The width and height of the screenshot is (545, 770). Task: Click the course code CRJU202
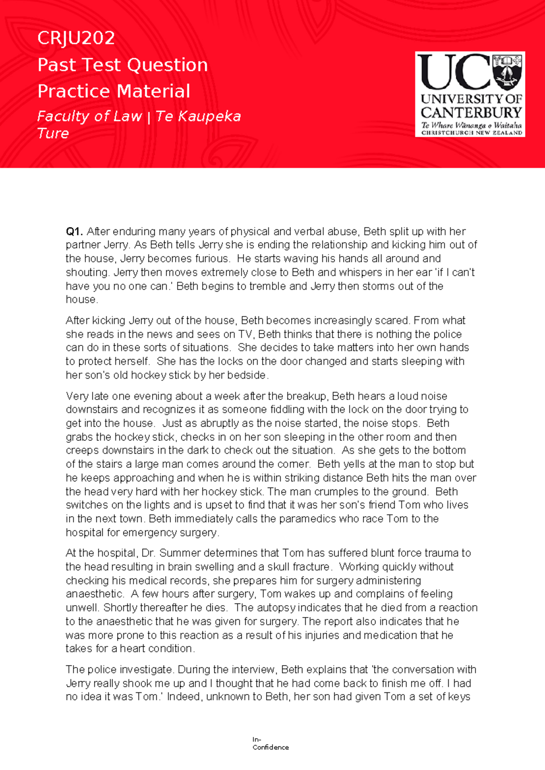click(x=76, y=38)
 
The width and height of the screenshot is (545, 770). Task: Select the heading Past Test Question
click(x=123, y=65)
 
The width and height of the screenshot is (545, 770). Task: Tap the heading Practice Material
click(x=114, y=91)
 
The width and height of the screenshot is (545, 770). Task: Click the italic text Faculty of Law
click(x=89, y=116)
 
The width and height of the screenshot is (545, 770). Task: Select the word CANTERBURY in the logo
click(x=471, y=112)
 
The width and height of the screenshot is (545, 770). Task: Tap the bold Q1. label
click(x=74, y=232)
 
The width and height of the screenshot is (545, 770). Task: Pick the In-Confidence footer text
click(x=270, y=744)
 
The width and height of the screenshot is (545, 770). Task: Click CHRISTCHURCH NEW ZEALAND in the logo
click(x=471, y=133)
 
